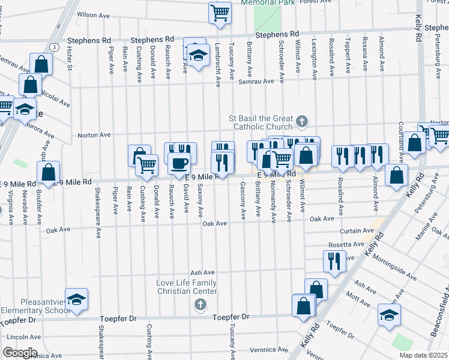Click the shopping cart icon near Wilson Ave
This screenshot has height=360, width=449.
click(220, 12)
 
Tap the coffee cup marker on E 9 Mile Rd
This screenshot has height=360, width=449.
click(178, 163)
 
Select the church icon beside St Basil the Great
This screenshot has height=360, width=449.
click(301, 122)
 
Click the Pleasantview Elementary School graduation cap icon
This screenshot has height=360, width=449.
click(76, 299)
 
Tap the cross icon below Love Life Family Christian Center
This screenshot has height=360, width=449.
click(200, 305)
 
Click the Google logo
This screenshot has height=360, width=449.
click(20, 352)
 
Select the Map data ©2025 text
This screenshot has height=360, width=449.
click(424, 355)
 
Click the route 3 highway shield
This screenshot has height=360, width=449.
click(55, 47)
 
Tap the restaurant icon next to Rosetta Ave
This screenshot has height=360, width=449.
click(334, 261)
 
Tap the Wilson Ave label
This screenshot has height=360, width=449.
click(95, 14)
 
